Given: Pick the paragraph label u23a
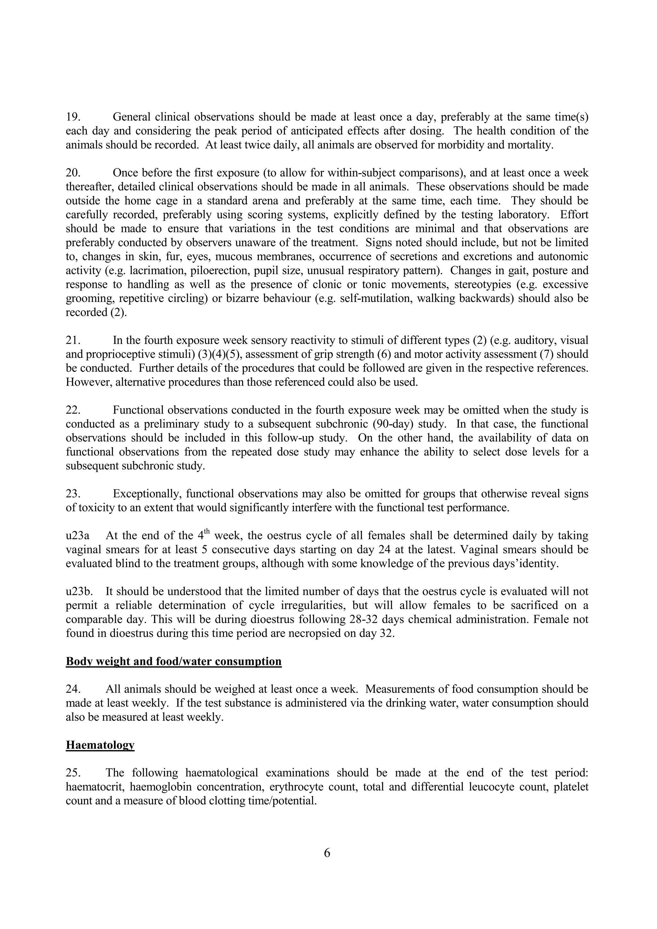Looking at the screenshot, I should click(x=77, y=536).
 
